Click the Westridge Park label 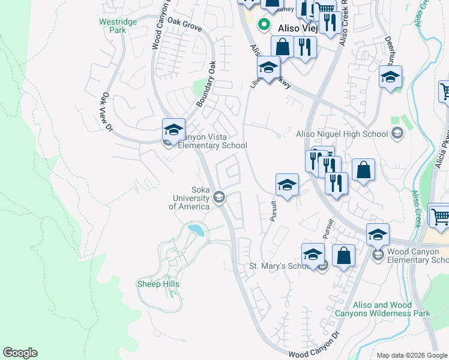118,25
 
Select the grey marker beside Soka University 219,197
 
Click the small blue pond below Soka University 194,229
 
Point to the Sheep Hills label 158,284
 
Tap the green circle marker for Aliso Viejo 263,25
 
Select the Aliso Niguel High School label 342,134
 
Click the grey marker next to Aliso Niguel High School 396,133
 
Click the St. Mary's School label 282,266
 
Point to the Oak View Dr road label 107,111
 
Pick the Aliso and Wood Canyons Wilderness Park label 391,309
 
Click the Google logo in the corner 20,353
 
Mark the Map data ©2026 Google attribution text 411,355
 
